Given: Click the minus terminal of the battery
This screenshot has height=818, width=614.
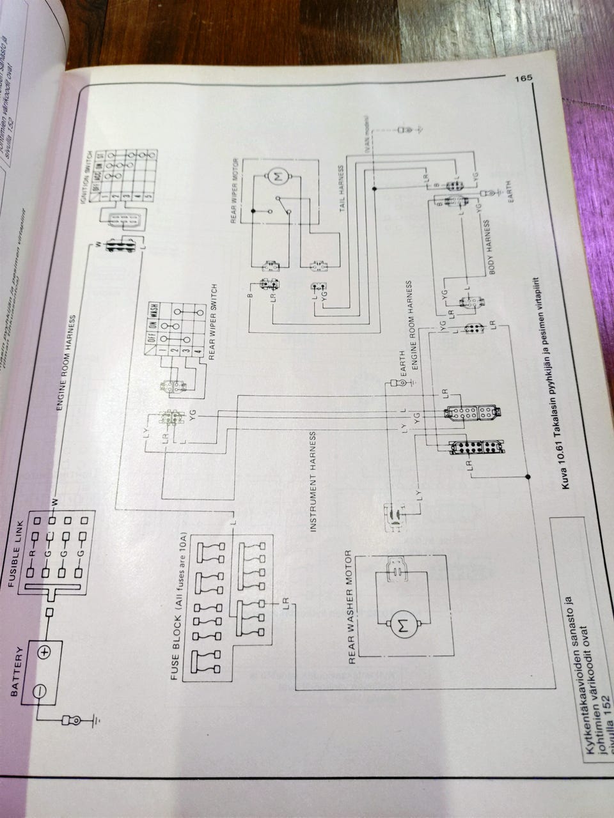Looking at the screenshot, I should (39, 691).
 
